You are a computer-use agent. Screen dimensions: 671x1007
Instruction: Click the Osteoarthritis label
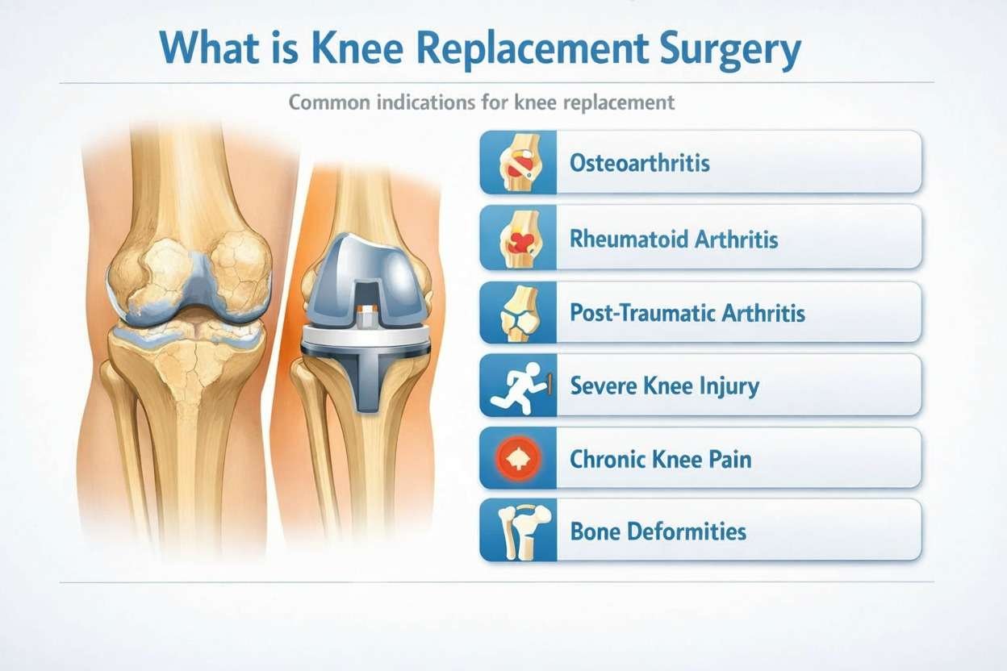(x=640, y=163)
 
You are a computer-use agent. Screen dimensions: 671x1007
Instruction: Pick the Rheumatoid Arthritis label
(x=674, y=239)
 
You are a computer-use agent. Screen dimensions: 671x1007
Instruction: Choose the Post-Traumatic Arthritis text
(x=687, y=312)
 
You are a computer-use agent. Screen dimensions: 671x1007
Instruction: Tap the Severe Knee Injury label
(x=664, y=386)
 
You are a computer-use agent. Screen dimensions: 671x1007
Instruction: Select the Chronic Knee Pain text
(x=660, y=460)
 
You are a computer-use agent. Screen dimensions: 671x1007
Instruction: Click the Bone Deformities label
(x=658, y=531)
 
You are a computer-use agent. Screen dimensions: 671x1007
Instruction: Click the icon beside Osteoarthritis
(x=517, y=164)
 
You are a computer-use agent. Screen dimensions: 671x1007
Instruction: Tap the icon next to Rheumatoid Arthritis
(x=517, y=239)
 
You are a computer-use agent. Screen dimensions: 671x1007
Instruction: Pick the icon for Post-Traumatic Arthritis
(x=517, y=313)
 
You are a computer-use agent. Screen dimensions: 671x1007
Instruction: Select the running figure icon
(x=517, y=386)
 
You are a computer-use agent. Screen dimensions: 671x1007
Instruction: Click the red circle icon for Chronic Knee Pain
(x=517, y=459)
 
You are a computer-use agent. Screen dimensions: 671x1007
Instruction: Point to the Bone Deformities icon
(x=517, y=531)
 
